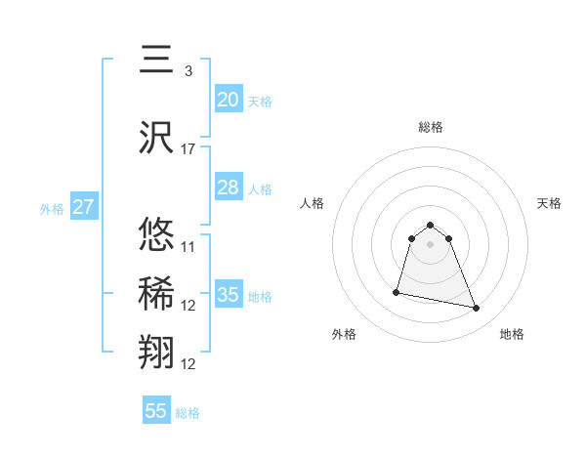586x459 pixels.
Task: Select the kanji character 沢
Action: pos(156,137)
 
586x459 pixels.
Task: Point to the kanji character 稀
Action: pos(156,293)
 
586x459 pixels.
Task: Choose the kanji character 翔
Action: pos(156,352)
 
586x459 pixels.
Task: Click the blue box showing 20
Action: pos(229,99)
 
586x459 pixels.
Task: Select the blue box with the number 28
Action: pos(229,188)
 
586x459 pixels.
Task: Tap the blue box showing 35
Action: pos(229,295)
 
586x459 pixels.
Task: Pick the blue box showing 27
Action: pos(83,206)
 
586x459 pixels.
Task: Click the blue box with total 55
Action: pos(156,411)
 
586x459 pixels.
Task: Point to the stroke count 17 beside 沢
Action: pos(188,149)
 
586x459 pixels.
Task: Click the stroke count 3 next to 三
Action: pos(188,70)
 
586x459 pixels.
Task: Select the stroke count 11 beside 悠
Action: pos(188,246)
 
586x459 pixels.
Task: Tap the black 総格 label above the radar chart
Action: pos(431,127)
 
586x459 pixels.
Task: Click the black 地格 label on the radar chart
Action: pos(512,334)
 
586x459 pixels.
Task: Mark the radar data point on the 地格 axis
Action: pos(477,309)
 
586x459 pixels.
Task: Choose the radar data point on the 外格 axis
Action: pos(397,291)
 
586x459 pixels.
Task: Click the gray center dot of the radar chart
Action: pos(431,244)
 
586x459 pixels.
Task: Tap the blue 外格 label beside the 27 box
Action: pos(51,208)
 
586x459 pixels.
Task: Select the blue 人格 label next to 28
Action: pos(260,188)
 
